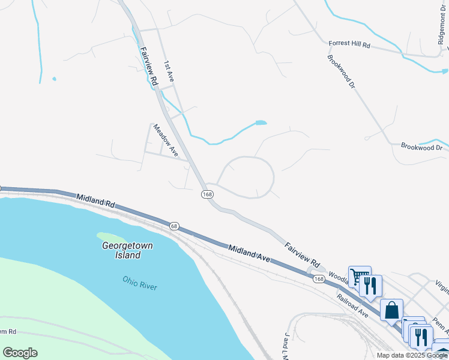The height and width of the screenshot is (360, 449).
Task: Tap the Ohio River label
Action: (x=140, y=283)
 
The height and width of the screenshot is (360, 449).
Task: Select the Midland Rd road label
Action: (x=95, y=200)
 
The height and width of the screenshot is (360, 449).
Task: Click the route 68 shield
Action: (x=174, y=226)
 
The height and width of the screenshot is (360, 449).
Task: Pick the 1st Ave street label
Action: (x=169, y=70)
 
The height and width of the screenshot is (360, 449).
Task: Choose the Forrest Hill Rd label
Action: (x=350, y=44)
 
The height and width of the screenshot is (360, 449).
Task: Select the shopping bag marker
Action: (x=391, y=311)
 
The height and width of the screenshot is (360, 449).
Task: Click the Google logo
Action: (x=20, y=353)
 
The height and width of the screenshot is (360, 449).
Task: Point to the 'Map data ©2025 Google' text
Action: (x=412, y=355)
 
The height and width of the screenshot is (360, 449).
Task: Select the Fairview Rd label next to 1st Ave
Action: (x=148, y=66)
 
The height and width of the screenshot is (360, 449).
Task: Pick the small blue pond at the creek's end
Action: (x=261, y=123)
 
